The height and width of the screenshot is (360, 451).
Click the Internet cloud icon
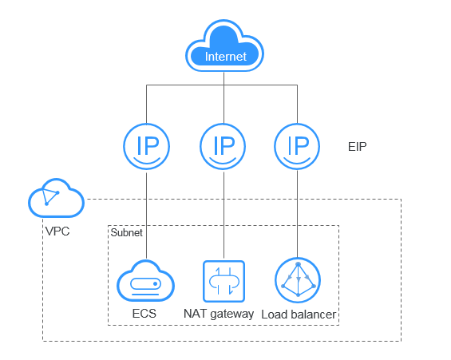(x=224, y=46)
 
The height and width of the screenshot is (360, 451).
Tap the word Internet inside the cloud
(x=225, y=57)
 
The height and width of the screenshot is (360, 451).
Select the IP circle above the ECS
(x=147, y=146)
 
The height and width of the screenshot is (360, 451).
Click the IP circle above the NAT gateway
(x=223, y=146)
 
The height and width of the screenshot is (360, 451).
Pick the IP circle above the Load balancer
(x=297, y=146)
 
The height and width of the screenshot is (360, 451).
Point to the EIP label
(x=358, y=147)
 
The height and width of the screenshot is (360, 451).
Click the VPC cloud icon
(x=57, y=199)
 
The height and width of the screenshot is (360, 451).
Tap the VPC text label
(x=57, y=231)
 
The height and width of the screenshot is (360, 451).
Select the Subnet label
(x=127, y=232)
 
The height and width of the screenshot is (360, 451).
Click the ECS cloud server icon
(x=145, y=281)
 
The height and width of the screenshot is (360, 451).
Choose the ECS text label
(x=144, y=314)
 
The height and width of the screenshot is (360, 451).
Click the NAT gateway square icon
(x=224, y=281)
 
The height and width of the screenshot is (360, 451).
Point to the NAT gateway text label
(x=219, y=314)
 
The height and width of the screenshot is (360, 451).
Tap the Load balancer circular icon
(x=298, y=280)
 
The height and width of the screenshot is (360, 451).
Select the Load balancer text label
(x=299, y=315)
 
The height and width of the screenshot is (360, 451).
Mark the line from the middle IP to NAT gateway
(x=224, y=215)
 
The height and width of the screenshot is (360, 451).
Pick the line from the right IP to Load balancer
(x=297, y=213)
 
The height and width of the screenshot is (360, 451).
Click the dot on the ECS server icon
(x=156, y=284)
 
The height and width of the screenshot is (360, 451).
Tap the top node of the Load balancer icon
(x=299, y=264)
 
